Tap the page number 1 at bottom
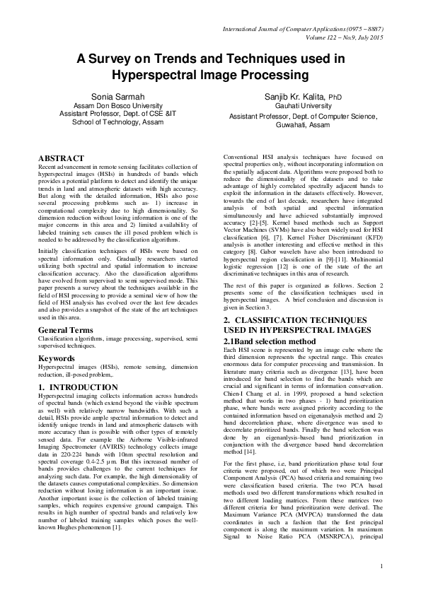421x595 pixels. (381, 585)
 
